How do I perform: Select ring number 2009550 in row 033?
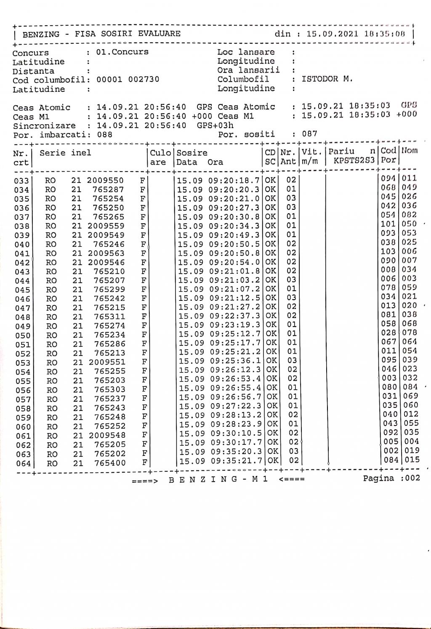click(x=105, y=181)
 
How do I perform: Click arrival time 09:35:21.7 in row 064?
click(x=236, y=461)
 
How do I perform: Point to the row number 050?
click(x=23, y=335)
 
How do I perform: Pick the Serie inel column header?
click(x=65, y=153)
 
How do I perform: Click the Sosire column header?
click(x=192, y=153)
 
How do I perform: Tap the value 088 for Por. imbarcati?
click(x=105, y=135)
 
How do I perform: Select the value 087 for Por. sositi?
click(x=310, y=134)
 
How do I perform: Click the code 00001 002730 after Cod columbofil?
click(x=128, y=80)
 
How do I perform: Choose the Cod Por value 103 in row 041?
click(x=388, y=252)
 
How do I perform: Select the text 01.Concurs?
click(x=122, y=52)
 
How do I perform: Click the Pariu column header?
click(x=341, y=151)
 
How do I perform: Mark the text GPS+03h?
click(x=215, y=126)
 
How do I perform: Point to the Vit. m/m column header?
click(x=311, y=156)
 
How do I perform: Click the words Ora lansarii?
click(x=248, y=70)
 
